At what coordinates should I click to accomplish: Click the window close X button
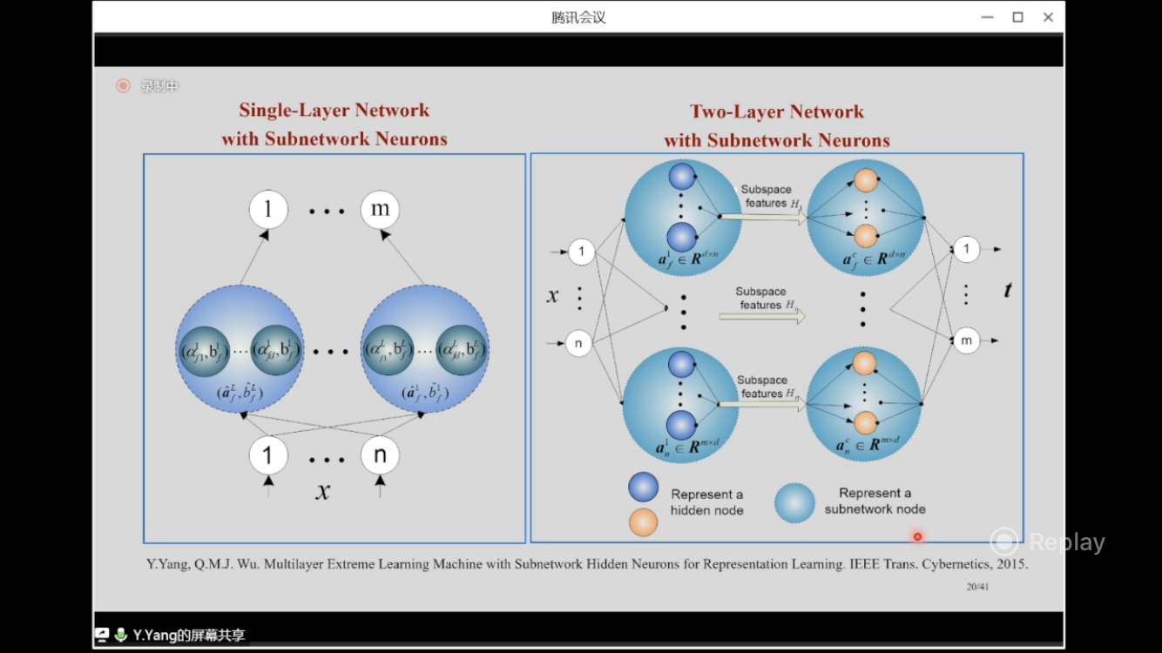tap(1049, 17)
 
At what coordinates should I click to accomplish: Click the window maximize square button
tap(1017, 17)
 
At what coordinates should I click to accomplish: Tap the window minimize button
tap(986, 17)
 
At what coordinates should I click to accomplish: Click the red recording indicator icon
tap(123, 85)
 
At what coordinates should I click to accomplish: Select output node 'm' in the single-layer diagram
tap(380, 210)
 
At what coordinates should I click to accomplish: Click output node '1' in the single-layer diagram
tap(268, 210)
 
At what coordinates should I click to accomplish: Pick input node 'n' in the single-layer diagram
tap(380, 455)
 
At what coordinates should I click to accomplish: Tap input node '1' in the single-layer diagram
tap(268, 455)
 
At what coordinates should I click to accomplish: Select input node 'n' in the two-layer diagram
tap(579, 343)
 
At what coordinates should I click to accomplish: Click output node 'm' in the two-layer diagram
tap(966, 340)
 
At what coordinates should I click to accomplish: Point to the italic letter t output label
tap(1008, 290)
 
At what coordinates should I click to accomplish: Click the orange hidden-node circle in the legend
tap(643, 522)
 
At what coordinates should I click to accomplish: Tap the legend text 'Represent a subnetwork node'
tap(875, 501)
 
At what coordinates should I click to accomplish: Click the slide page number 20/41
tap(977, 587)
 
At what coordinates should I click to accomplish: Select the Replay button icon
tap(1004, 542)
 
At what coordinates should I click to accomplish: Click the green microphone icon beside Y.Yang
tap(121, 636)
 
